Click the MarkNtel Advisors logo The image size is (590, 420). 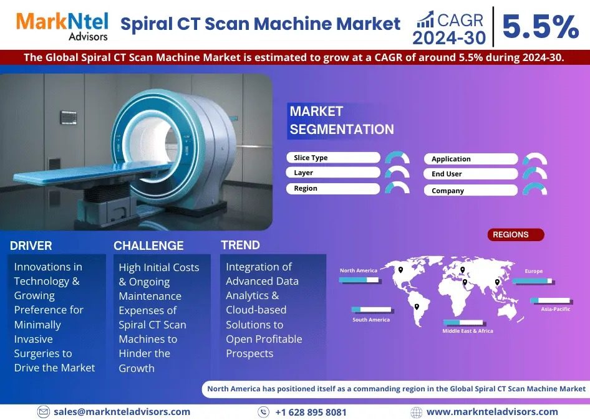[62, 26]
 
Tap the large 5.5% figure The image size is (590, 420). [540, 27]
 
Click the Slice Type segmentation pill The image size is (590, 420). [333, 158]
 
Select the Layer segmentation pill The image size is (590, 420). [333, 173]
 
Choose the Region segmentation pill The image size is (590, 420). [333, 188]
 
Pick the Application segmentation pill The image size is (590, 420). [471, 159]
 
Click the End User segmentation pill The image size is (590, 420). [471, 174]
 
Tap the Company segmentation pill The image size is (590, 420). [471, 190]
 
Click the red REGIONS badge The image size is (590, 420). [516, 235]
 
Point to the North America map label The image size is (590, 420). [358, 270]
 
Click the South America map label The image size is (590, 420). [371, 320]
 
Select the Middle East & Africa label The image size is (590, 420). [468, 331]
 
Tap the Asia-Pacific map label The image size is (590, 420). [555, 309]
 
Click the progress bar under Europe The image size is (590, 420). [533, 281]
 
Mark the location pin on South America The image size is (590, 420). [417, 307]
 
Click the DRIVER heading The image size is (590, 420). [31, 246]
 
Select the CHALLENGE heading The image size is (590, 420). [148, 246]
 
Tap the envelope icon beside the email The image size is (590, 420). [44, 412]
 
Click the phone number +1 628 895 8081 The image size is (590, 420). [311, 413]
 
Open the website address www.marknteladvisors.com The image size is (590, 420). [492, 412]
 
